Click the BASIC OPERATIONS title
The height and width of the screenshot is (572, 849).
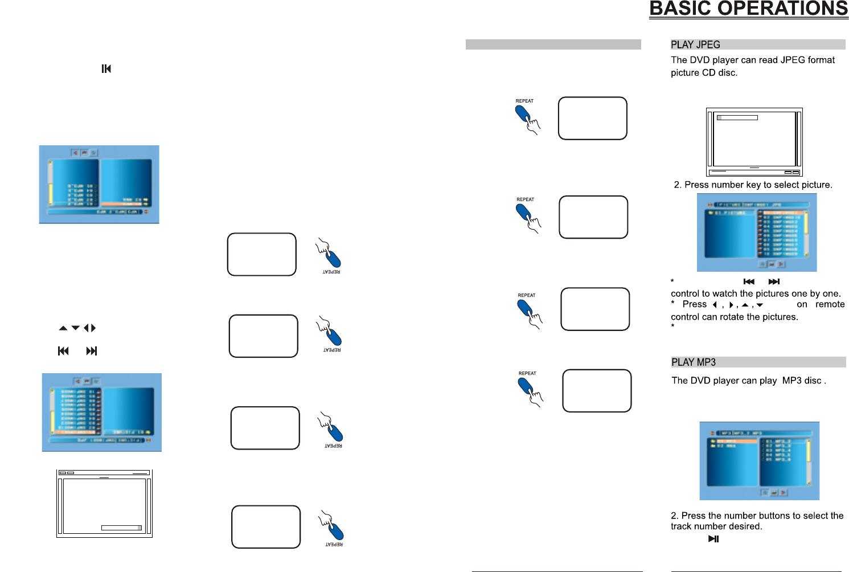[748, 9]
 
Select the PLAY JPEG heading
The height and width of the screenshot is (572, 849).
[695, 44]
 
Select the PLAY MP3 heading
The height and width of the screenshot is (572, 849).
[694, 362]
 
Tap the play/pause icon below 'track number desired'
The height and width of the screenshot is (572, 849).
[713, 539]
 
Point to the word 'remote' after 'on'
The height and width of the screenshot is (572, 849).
[830, 304]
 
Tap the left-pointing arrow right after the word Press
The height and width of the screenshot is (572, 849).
[715, 305]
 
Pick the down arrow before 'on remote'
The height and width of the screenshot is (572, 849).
[760, 305]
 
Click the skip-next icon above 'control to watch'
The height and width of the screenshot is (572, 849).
[774, 281]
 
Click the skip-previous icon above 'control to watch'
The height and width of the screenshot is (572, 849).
[749, 281]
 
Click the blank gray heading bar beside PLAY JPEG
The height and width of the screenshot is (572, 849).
[553, 44]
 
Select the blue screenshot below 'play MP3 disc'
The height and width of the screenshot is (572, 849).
[759, 460]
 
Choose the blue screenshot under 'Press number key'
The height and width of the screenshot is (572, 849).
[757, 232]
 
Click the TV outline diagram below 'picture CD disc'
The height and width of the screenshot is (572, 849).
[754, 142]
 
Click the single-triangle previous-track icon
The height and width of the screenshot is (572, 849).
[106, 69]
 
